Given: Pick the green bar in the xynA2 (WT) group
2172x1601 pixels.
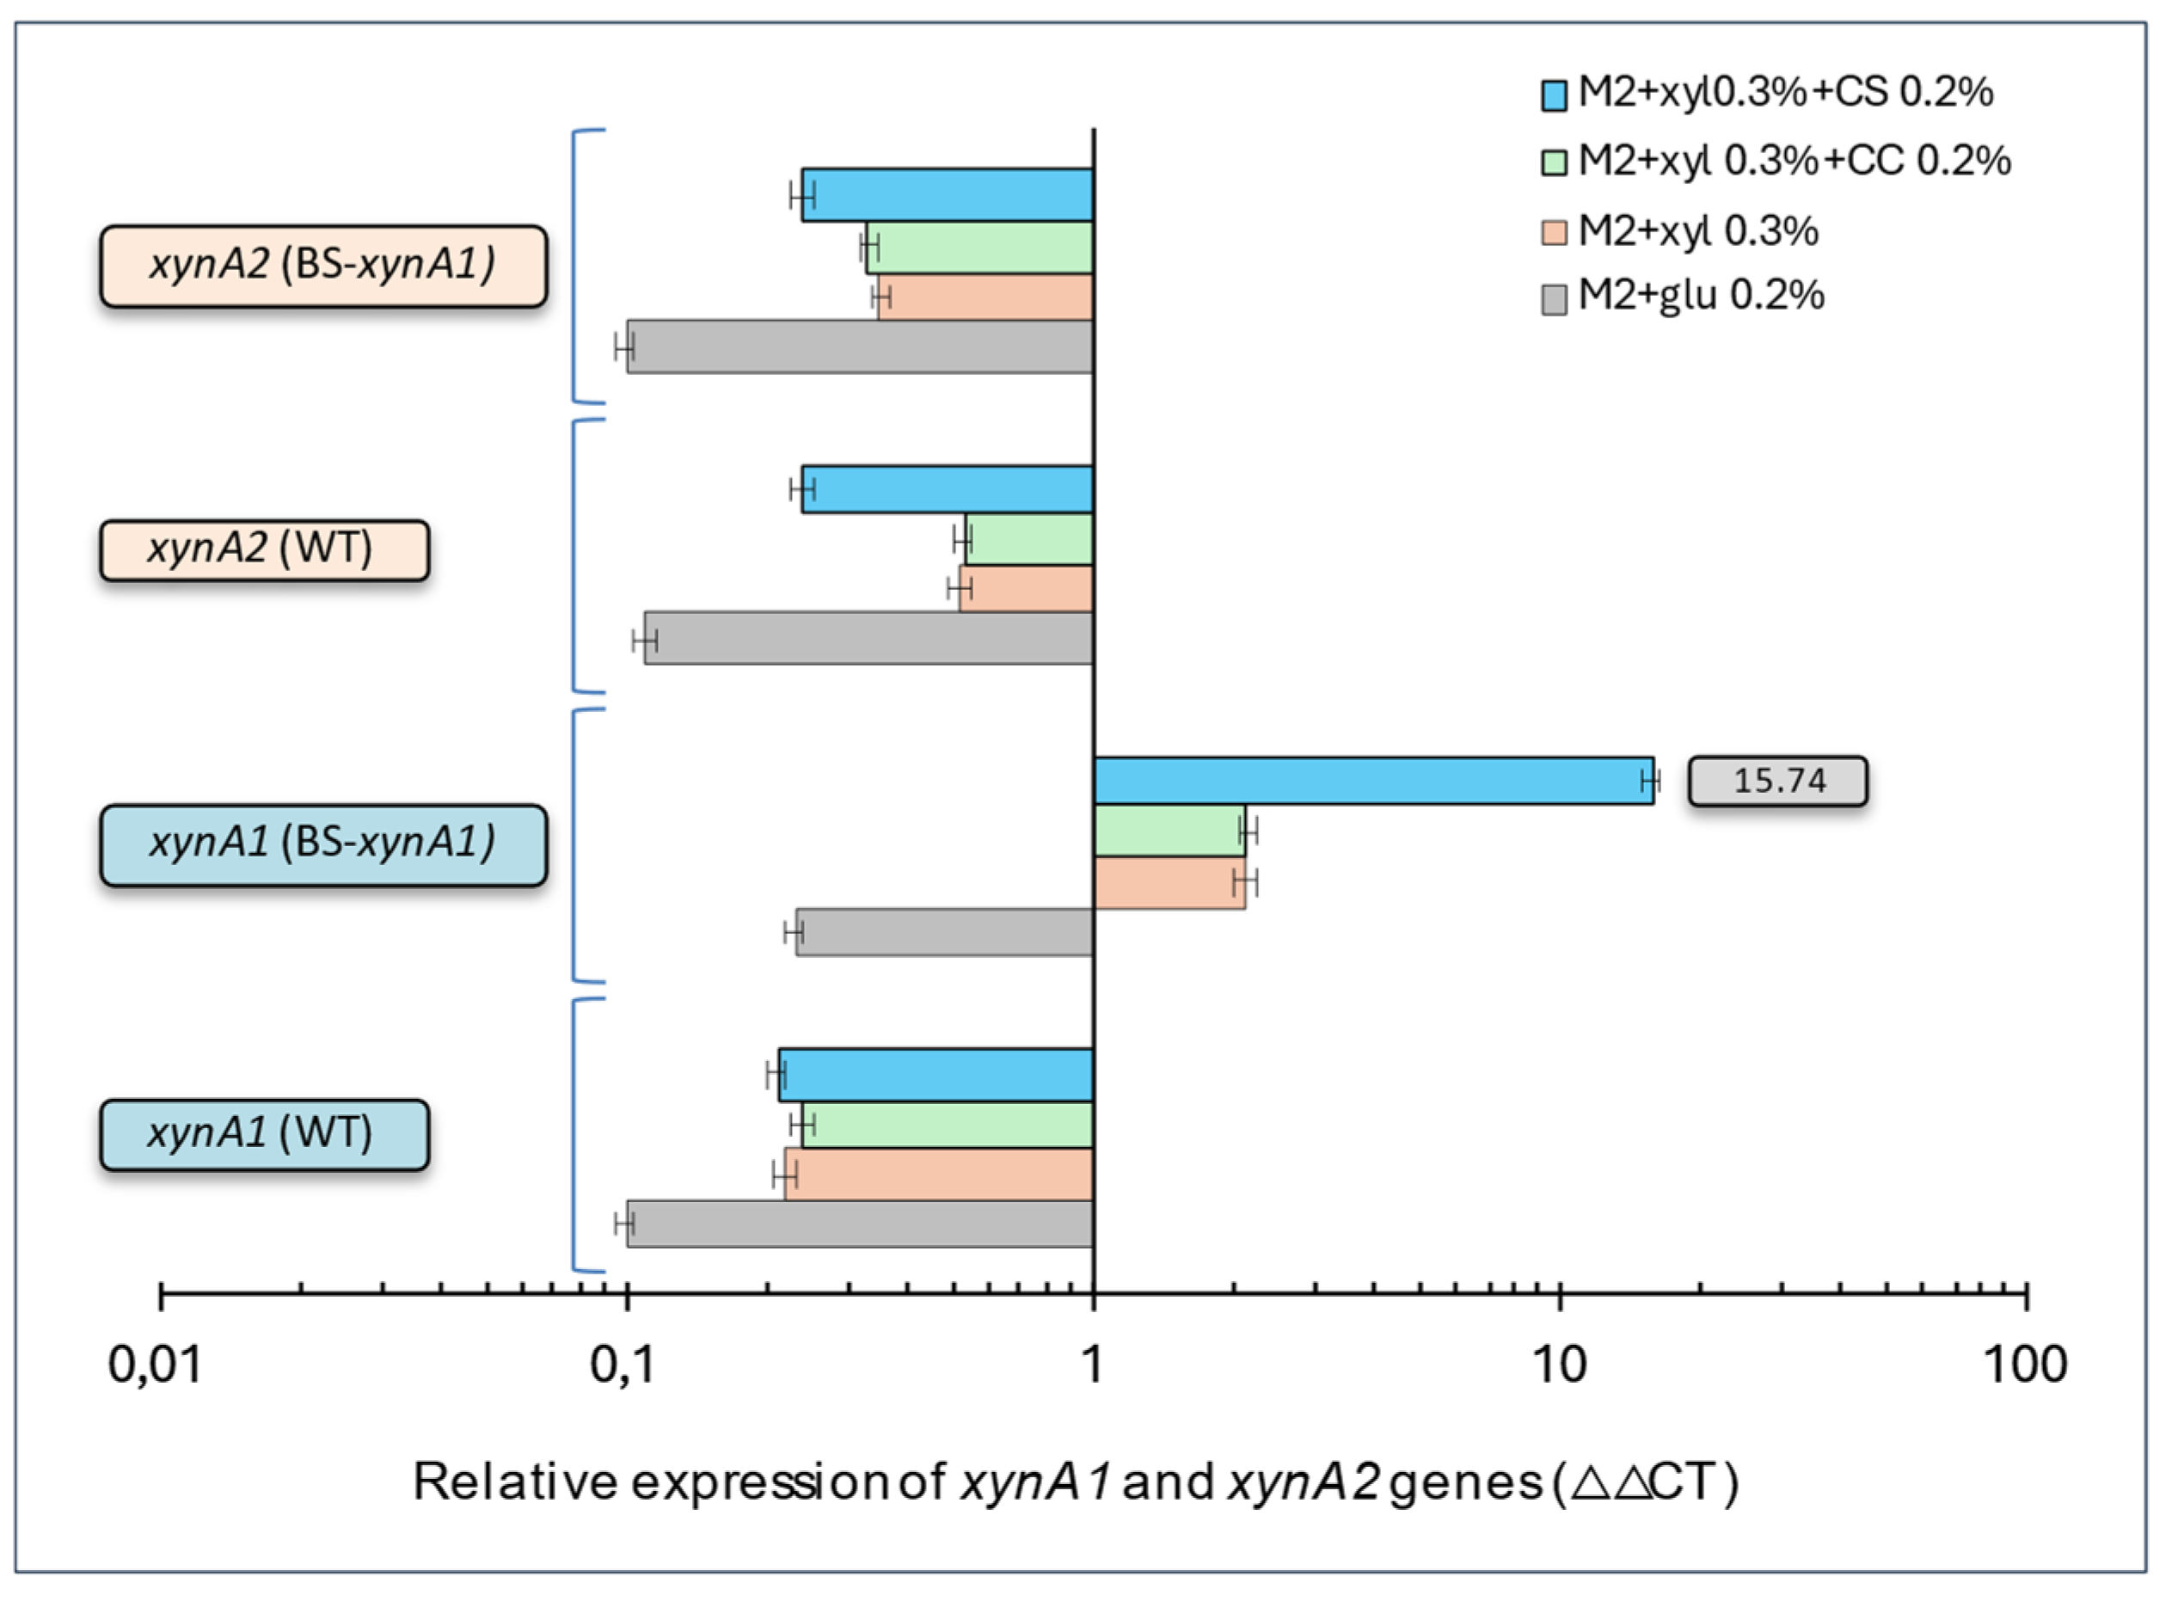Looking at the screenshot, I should (x=1028, y=540).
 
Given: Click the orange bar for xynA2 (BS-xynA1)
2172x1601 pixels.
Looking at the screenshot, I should (x=985, y=297).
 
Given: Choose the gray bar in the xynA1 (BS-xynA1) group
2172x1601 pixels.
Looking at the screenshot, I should (x=944, y=932).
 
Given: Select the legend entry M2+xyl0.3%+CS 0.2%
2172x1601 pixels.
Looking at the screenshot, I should (x=1783, y=93).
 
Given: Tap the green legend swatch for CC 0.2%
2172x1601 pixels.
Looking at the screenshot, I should (x=1554, y=162).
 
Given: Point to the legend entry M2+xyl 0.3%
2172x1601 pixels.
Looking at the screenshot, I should (x=1697, y=231).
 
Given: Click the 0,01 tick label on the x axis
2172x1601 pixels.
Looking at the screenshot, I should (x=155, y=1365).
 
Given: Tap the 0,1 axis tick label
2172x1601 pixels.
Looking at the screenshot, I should (x=623, y=1365).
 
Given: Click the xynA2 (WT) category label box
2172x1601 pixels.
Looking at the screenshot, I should (x=264, y=549).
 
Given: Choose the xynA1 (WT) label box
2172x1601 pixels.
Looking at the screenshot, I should (x=264, y=1134).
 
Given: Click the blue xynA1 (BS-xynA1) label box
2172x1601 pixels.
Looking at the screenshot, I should (x=322, y=844).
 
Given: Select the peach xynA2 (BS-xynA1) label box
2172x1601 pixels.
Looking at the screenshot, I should (x=322, y=266).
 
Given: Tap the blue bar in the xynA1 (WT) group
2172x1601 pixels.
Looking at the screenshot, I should (x=935, y=1075).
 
